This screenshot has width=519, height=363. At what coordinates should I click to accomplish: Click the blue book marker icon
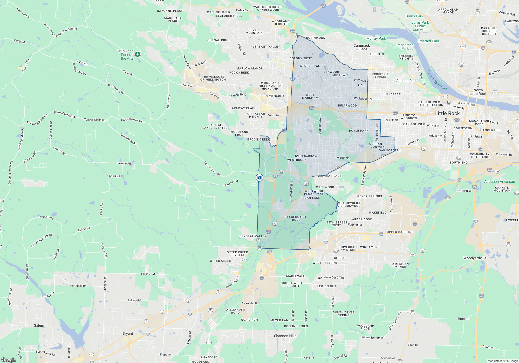point(259,178)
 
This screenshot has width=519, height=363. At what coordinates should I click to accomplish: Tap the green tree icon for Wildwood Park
point(138,54)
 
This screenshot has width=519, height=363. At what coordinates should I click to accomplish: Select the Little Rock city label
point(447,113)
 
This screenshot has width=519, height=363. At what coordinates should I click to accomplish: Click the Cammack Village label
point(361,47)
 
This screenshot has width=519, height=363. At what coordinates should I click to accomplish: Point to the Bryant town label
point(128,333)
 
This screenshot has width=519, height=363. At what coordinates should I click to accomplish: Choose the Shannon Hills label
point(285,336)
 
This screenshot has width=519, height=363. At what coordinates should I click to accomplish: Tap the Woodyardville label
point(475,258)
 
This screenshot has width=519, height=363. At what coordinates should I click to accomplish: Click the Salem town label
point(39,325)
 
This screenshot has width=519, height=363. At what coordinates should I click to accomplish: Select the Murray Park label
point(376,38)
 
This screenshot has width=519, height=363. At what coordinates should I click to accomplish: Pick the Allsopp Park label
point(406,81)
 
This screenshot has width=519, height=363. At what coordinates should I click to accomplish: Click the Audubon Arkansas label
point(499,181)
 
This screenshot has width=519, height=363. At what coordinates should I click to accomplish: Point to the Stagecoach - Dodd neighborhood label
point(295,218)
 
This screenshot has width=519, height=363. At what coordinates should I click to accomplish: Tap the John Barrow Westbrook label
point(302,158)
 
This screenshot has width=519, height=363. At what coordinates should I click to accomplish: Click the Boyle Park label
point(359,131)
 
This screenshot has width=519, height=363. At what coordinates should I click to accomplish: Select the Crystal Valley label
point(253,236)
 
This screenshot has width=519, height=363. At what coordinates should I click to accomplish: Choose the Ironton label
point(463,319)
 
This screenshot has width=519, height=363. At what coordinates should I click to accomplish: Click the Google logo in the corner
point(9,360)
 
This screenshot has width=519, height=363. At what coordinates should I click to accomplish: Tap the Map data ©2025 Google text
point(503,361)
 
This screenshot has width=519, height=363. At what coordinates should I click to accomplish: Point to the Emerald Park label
point(428,41)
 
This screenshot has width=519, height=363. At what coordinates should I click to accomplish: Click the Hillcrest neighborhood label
point(392,94)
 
